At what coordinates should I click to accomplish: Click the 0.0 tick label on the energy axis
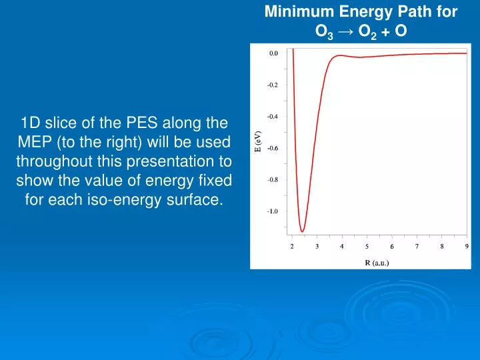point(273,53)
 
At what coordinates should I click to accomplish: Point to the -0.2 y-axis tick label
point(273,85)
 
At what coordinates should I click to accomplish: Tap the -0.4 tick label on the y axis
point(273,117)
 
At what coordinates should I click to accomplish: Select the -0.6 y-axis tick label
point(273,148)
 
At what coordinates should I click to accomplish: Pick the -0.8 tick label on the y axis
point(273,180)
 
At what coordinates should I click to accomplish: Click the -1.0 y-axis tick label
point(273,211)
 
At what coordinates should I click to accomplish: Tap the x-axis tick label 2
point(292,247)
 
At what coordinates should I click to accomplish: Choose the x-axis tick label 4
point(342,247)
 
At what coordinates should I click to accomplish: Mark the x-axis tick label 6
point(392,247)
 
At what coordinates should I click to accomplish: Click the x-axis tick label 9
point(467,247)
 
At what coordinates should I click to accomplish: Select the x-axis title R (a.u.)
point(377,263)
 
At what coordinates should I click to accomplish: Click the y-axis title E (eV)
point(257,142)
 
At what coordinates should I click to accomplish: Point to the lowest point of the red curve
point(303,231)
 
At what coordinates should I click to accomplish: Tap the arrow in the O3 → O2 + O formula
point(346,31)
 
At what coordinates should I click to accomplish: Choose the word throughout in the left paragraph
point(59,161)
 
